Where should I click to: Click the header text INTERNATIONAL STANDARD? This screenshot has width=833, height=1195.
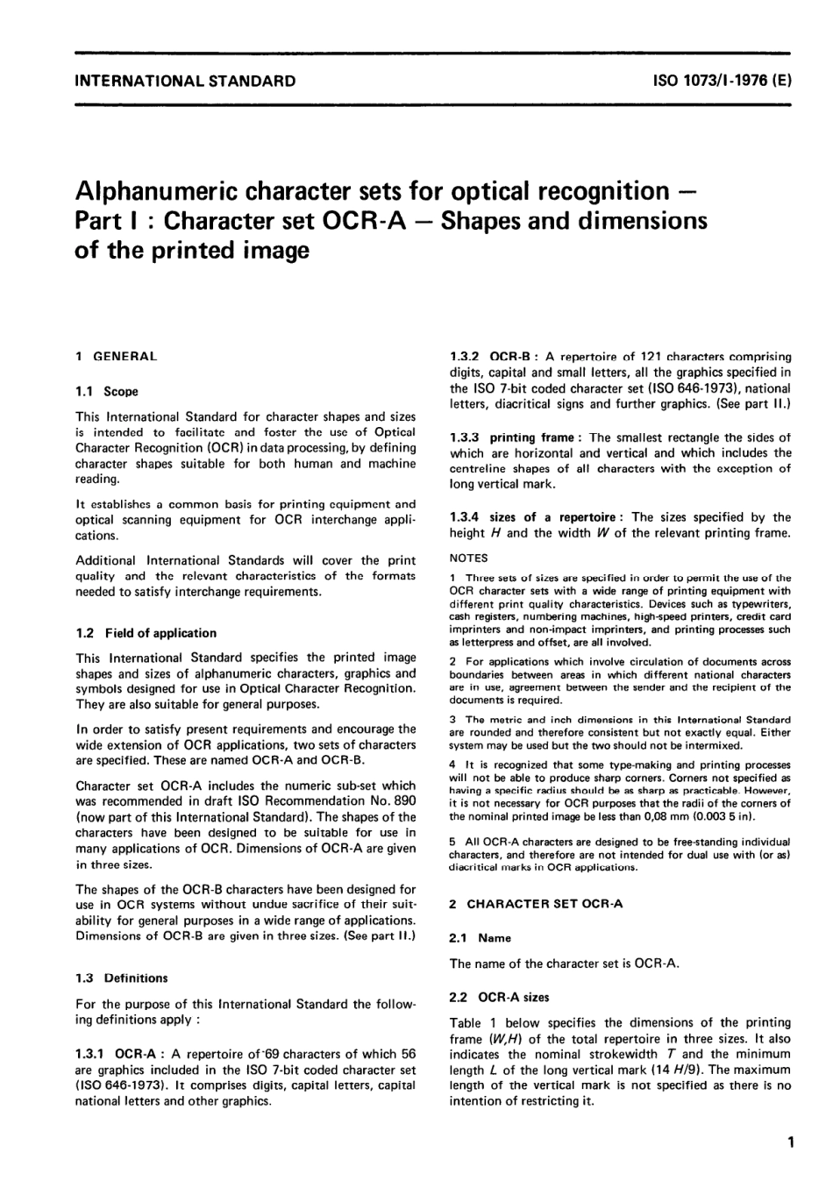coord(186,82)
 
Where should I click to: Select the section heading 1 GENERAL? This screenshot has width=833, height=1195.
coord(117,356)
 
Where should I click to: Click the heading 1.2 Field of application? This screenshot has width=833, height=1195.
coord(146,632)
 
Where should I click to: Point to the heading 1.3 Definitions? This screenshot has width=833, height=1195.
coord(122,978)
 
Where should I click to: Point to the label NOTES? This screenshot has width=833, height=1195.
coord(469,558)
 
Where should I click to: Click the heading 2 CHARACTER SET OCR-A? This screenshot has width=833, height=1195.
coord(536,903)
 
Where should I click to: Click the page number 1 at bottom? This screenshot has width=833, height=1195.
coord(791,1142)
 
